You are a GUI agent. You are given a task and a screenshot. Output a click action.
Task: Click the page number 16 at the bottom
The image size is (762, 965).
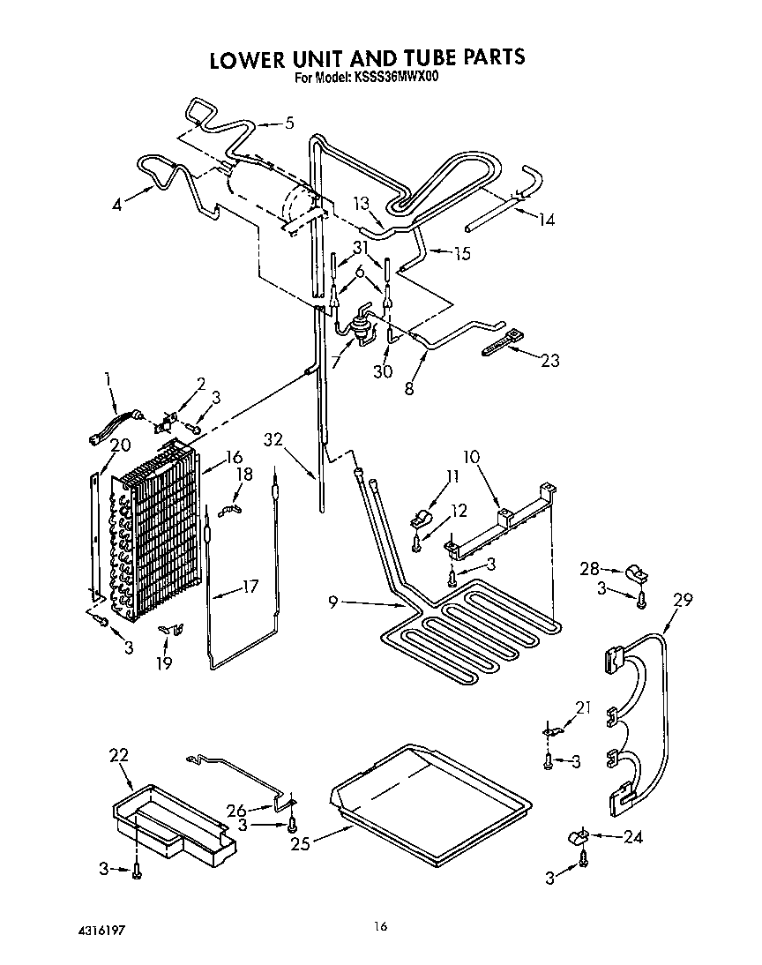click(380, 925)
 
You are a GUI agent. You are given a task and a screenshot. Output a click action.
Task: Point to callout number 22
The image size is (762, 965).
click(119, 754)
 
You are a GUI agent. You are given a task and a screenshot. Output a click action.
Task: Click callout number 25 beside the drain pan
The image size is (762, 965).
click(301, 842)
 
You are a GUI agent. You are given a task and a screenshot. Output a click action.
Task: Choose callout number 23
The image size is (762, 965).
click(549, 360)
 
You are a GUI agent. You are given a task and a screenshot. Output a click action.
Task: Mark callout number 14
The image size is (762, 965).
click(547, 220)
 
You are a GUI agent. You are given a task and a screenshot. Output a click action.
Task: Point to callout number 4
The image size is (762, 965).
click(118, 206)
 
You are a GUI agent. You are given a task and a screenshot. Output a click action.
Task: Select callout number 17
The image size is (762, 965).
click(250, 585)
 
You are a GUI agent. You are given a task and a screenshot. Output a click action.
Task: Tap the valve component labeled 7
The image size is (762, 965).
click(360, 324)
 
